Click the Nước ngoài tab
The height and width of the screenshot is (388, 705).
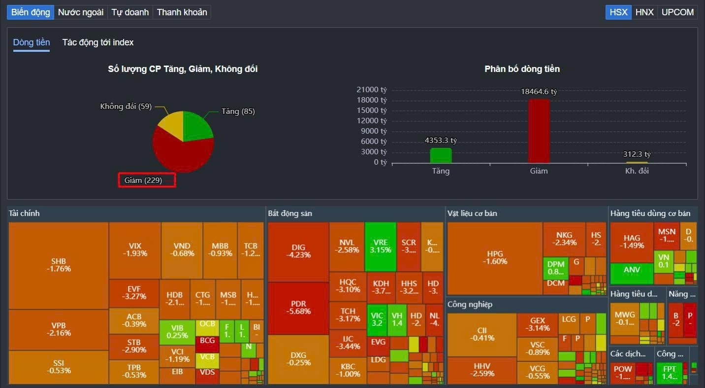81,12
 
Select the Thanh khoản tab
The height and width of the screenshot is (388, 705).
182,12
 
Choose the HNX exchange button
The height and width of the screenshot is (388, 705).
644,12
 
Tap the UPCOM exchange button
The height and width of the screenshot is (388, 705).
677,12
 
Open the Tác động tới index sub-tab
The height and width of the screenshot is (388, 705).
98,42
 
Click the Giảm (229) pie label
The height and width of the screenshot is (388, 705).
147,180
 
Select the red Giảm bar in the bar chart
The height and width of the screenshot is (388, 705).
539,131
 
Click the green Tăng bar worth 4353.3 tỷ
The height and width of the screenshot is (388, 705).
441,155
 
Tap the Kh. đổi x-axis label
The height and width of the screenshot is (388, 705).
637,171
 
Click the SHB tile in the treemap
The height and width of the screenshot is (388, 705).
59,265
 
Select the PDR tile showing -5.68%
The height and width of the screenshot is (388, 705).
298,307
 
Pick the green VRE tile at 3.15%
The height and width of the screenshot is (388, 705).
381,246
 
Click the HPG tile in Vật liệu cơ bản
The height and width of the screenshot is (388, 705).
495,257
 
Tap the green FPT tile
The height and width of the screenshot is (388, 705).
670,373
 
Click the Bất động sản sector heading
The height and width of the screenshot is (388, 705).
290,213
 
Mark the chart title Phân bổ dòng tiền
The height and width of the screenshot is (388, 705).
522,69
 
